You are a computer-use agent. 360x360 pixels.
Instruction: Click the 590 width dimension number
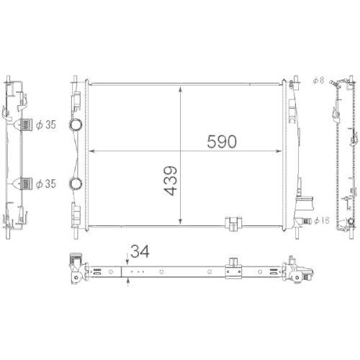(x=221, y=141)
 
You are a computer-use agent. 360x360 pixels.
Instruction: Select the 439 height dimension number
(x=171, y=182)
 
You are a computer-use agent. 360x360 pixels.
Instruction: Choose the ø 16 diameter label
(x=321, y=221)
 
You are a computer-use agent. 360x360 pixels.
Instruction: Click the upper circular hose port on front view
(x=76, y=125)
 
